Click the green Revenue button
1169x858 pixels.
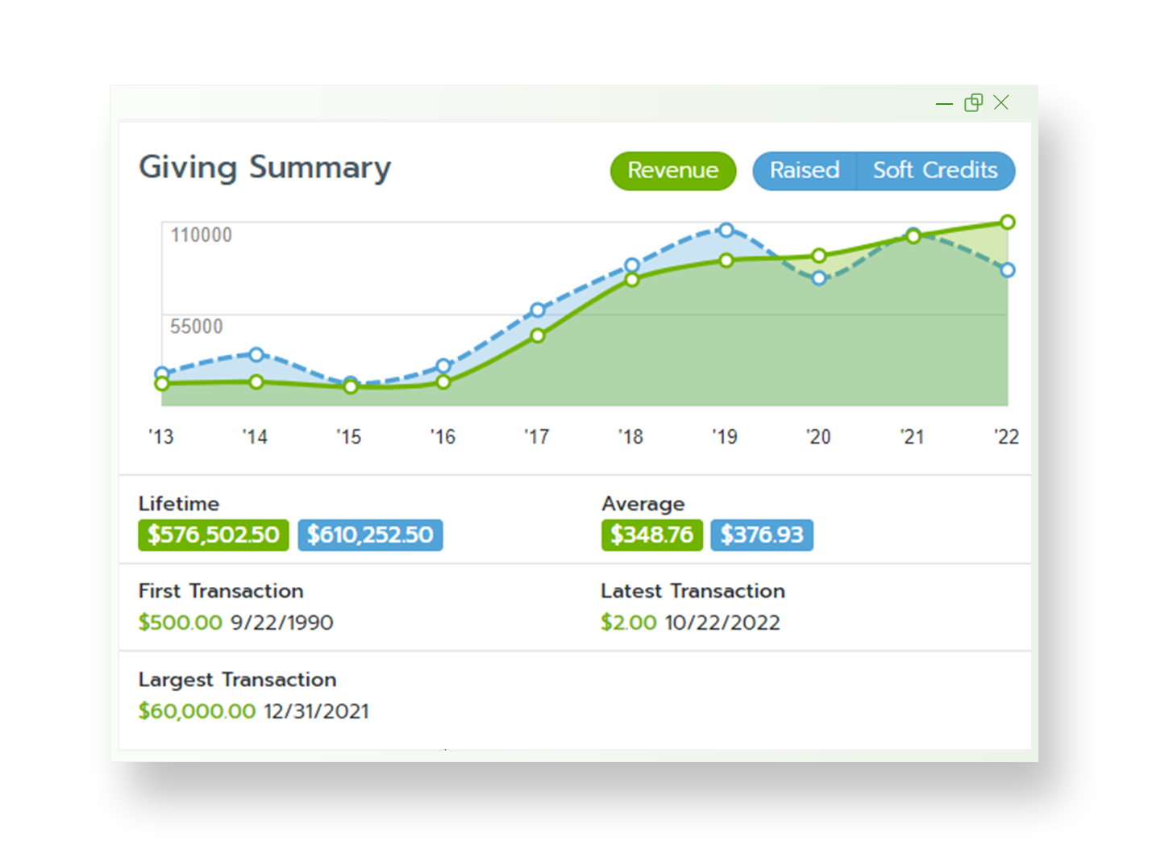pyautogui.click(x=672, y=171)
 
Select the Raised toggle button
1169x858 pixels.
pyautogui.click(x=804, y=171)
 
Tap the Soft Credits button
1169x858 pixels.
pyautogui.click(x=935, y=171)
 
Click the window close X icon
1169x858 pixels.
pyautogui.click(x=1001, y=102)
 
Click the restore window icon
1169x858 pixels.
pyautogui.click(x=973, y=102)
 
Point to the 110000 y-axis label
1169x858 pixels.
pyautogui.click(x=202, y=235)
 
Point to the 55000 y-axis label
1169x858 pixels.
pyautogui.click(x=197, y=327)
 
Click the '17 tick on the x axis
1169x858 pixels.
pyautogui.click(x=537, y=437)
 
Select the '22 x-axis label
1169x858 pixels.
pyautogui.click(x=1006, y=437)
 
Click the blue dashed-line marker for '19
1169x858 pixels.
pyautogui.click(x=726, y=230)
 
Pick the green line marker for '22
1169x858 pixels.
pyautogui.click(x=1007, y=222)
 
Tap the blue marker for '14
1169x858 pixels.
pyautogui.click(x=256, y=355)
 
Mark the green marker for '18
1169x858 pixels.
pyautogui.click(x=632, y=280)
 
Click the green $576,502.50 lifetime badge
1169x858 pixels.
pyautogui.click(x=213, y=535)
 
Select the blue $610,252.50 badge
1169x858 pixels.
pyautogui.click(x=370, y=535)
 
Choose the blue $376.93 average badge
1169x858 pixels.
pyautogui.click(x=762, y=535)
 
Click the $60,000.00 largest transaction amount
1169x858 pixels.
pyautogui.click(x=197, y=711)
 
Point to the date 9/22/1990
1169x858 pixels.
pyautogui.click(x=281, y=623)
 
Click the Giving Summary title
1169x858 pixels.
pyautogui.click(x=264, y=168)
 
